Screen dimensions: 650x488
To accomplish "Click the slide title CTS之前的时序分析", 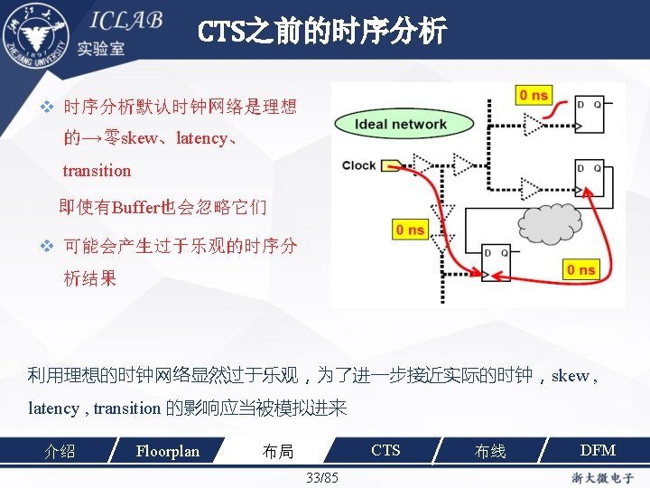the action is (321, 33).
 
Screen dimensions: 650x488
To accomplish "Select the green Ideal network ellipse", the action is (401, 125).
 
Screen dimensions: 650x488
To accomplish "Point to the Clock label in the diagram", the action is (358, 165).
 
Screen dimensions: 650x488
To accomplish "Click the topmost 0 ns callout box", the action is (534, 95).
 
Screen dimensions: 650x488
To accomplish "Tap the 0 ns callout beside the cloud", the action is (410, 230).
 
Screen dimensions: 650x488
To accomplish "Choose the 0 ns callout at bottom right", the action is (580, 269).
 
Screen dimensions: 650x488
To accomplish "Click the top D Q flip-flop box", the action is (592, 116).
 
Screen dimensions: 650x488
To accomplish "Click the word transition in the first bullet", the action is (97, 171).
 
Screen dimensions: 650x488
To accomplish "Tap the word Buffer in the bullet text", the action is (135, 207).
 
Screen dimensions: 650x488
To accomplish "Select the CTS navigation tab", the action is (385, 450).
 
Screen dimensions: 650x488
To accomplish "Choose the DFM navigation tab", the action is (597, 450).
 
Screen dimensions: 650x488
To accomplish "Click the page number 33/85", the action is (322, 477).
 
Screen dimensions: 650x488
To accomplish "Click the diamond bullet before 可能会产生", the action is (50, 245).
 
